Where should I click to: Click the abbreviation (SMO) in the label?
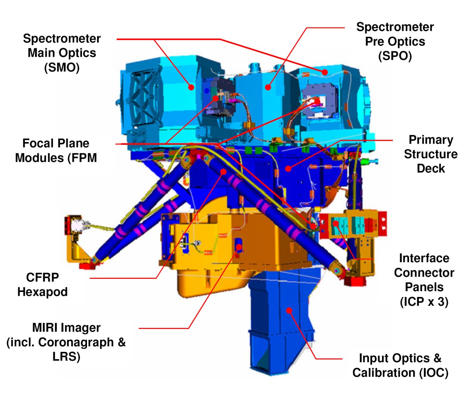click(62, 68)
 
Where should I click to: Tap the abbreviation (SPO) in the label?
click(395, 56)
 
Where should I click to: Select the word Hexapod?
click(43, 292)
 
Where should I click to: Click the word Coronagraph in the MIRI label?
click(76, 342)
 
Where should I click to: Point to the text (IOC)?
click(433, 373)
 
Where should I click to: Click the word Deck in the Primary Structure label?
click(431, 168)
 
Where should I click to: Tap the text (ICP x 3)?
click(424, 302)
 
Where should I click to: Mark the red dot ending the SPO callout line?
click(268, 87)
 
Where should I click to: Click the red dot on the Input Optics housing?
click(289, 310)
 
